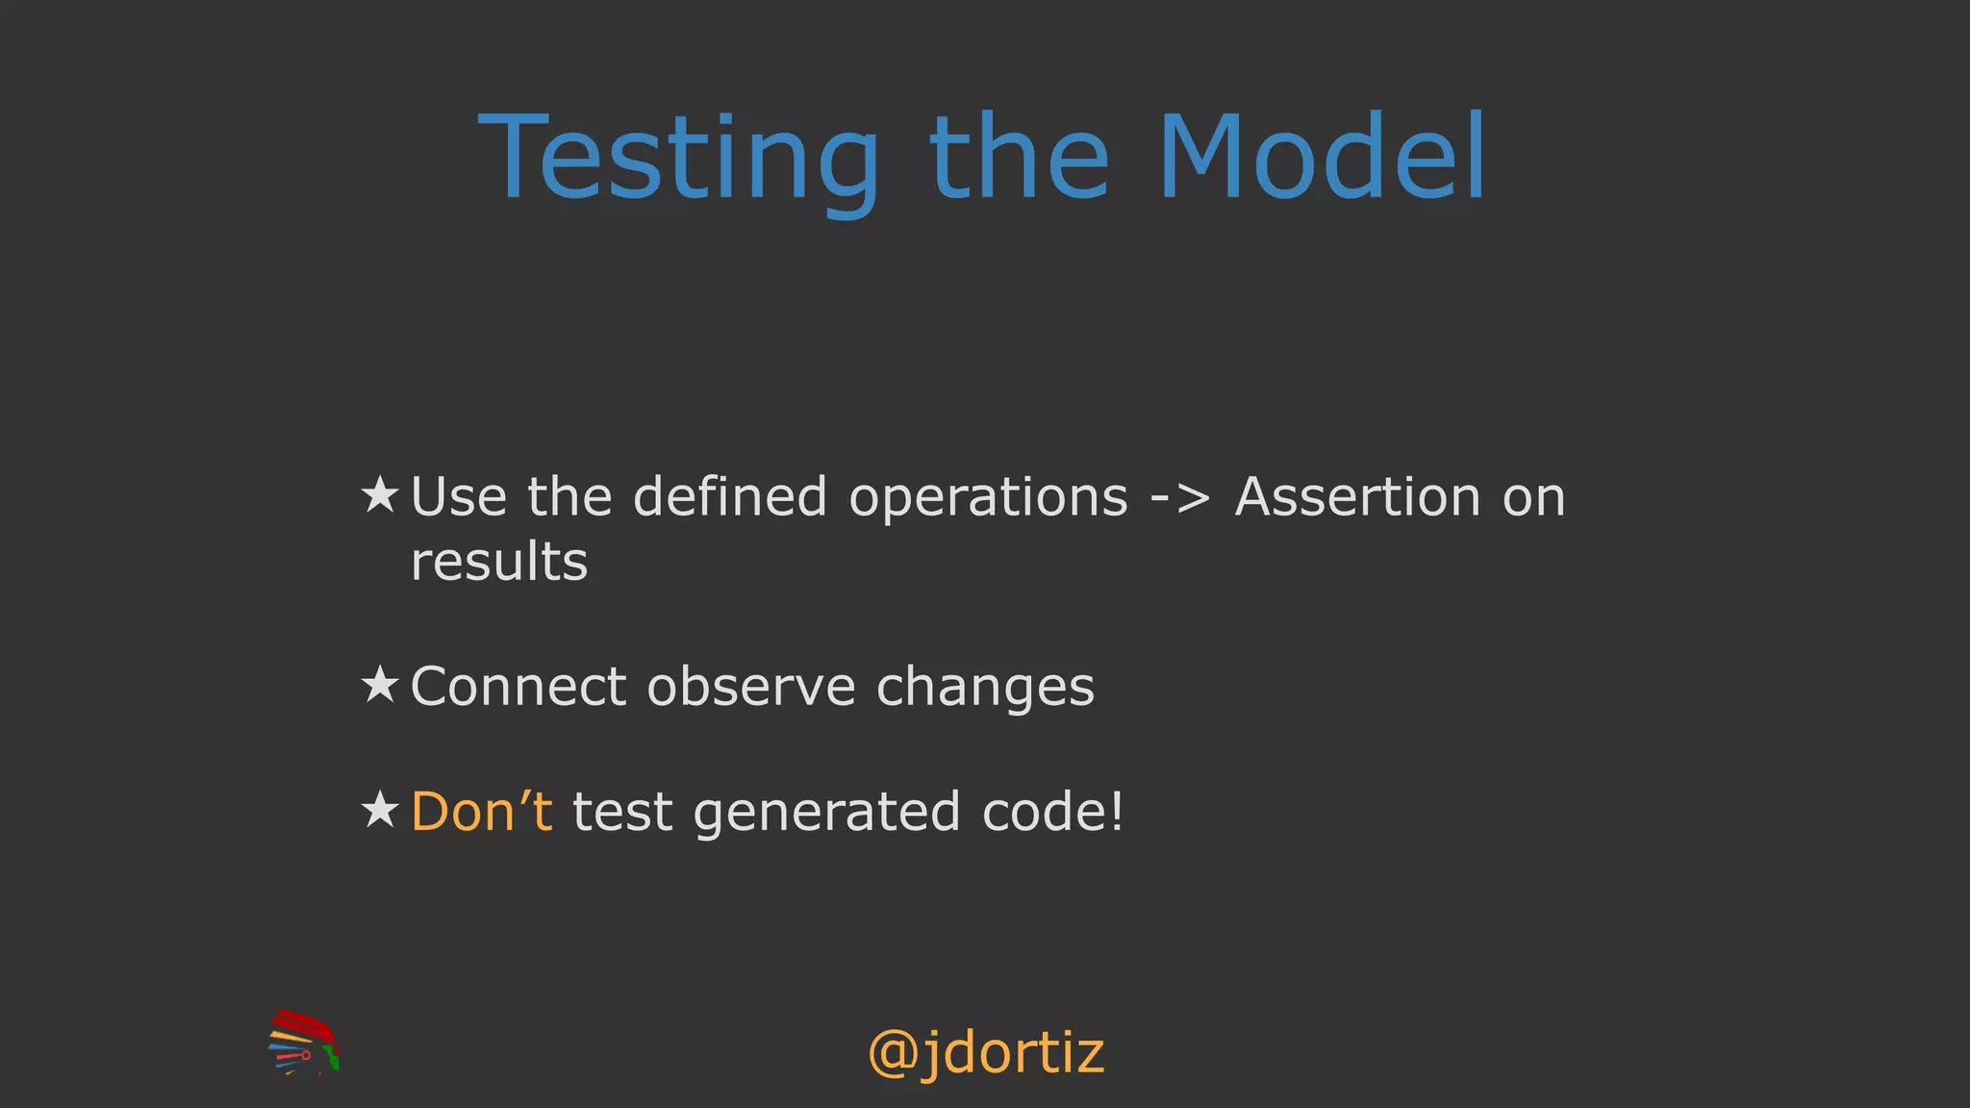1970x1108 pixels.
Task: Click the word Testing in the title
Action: (x=678, y=159)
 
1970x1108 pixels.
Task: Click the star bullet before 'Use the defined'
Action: (x=380, y=495)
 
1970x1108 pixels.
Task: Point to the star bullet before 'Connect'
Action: (x=380, y=685)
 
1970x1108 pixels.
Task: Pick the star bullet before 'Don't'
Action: (x=380, y=810)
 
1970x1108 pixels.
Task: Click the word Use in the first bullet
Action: (x=459, y=497)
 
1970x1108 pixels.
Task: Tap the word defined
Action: (x=729, y=497)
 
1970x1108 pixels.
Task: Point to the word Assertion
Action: (x=1357, y=497)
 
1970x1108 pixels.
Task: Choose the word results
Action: (x=498, y=562)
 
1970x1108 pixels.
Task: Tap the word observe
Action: (x=750, y=687)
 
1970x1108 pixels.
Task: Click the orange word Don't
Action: (x=481, y=811)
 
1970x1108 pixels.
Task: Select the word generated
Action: (x=826, y=813)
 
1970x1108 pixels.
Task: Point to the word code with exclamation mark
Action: (x=1052, y=811)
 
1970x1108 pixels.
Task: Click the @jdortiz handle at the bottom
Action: (x=985, y=1053)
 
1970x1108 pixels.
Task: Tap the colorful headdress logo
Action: (x=304, y=1043)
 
